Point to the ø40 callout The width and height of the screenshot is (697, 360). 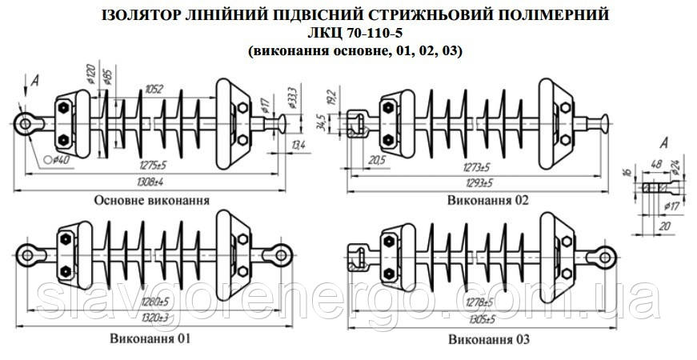(57, 160)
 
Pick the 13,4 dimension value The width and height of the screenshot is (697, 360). (298, 145)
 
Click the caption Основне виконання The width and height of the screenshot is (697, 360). (151, 200)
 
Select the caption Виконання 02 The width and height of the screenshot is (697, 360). (488, 200)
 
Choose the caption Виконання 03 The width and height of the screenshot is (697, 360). (490, 339)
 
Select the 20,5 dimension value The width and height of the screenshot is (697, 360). (375, 160)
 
